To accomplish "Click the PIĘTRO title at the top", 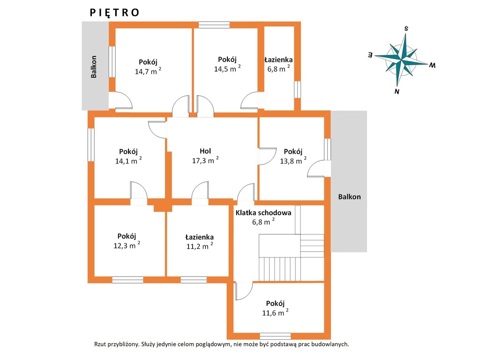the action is coord(114,13).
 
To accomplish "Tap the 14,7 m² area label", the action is coord(148,71).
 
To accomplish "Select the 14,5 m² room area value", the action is coord(227,68).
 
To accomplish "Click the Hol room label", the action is coord(205,151).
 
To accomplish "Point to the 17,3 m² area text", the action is coord(205,160).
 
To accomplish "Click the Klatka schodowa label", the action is coord(263,213).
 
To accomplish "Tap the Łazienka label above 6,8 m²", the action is coord(278,60).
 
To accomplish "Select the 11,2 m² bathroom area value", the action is coord(200,246).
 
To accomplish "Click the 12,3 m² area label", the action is coord(127,245).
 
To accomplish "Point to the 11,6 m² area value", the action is coord(275,313).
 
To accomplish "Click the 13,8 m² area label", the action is coord(293,160).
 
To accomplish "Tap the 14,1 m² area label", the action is coord(128,160).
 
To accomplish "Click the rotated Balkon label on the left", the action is coord(94,67).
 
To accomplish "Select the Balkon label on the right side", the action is coord(349,197).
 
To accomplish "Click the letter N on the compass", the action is coord(397,91).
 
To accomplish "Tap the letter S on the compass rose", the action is coord(406,29).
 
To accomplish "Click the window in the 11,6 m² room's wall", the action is coord(275,336).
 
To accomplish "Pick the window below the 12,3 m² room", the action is coord(127,280).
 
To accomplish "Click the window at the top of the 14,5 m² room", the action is coord(214,25).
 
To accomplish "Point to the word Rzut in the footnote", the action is coord(100,344).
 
